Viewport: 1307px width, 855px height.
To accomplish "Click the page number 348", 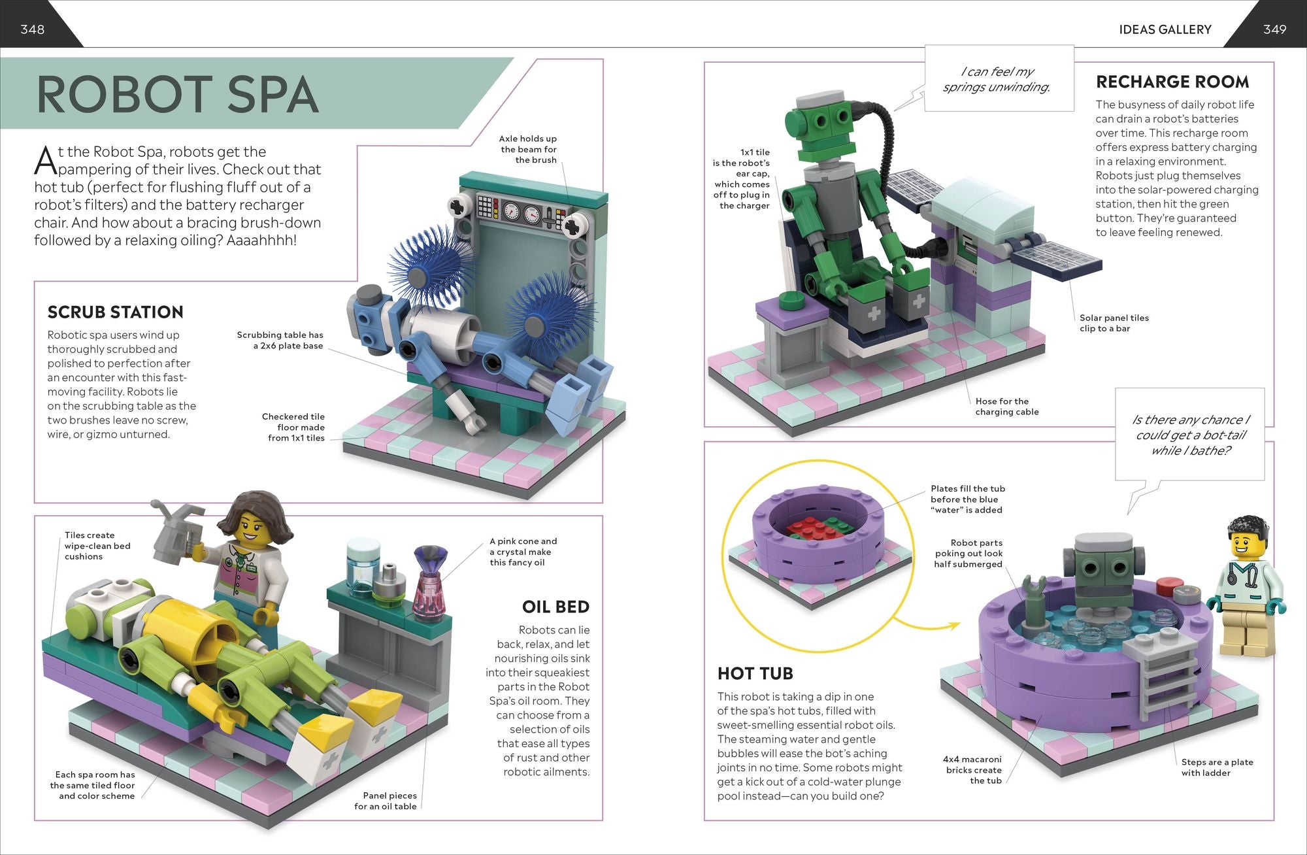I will pos(32,29).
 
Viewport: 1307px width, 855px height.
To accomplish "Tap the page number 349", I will pos(1274,29).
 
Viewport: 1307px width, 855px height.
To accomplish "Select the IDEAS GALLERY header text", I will pos(1165,29).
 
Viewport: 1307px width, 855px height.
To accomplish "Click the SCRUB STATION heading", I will pos(115,312).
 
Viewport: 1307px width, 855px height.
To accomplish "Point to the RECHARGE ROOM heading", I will pos(1172,82).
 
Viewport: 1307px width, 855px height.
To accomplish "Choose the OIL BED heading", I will pos(555,607).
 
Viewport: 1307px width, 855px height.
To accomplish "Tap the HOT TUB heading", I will pos(755,674).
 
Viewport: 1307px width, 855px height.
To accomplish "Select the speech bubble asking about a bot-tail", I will pos(1190,435).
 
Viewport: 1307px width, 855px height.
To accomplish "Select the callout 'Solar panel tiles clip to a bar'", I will pos(1114,323).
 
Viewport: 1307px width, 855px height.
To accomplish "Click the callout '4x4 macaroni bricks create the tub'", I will pos(972,769).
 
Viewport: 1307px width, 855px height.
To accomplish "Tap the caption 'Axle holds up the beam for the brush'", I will pos(528,149).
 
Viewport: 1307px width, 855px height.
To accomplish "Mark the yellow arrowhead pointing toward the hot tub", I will pos(953,626).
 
